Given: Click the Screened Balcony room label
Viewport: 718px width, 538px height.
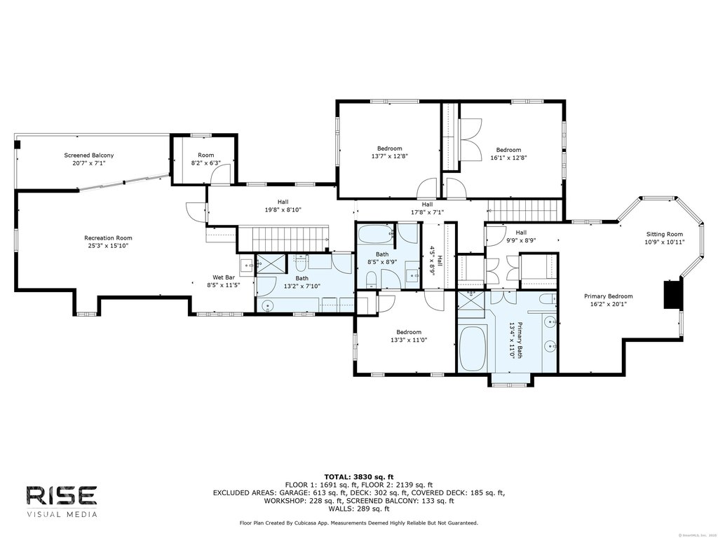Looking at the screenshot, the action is pyautogui.click(x=89, y=155).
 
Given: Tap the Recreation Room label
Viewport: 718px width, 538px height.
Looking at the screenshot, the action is pyautogui.click(x=108, y=238).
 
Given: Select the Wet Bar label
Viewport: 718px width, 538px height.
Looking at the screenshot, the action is pyautogui.click(x=224, y=277).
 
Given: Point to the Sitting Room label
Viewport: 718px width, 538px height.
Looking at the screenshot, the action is pyautogui.click(x=665, y=234).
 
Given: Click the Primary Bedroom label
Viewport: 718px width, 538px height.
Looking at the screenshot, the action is pyautogui.click(x=608, y=296).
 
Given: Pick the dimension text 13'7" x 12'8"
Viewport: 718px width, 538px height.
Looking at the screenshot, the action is pyautogui.click(x=389, y=156).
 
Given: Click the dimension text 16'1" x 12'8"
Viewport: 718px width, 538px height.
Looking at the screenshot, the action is pyautogui.click(x=508, y=158).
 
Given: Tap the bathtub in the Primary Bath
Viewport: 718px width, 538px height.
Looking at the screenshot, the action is pyautogui.click(x=472, y=349).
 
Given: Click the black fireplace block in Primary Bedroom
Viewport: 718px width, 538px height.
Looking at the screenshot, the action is pyautogui.click(x=673, y=295).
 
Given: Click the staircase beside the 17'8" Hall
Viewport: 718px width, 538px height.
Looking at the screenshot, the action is pyautogui.click(x=524, y=211).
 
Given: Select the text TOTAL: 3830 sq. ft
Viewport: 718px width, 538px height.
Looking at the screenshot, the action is pyautogui.click(x=359, y=476).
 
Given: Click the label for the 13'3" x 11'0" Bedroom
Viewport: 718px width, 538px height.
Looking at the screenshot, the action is pyautogui.click(x=409, y=332).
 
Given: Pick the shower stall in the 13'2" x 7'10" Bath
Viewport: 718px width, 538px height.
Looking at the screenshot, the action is pyautogui.click(x=270, y=264).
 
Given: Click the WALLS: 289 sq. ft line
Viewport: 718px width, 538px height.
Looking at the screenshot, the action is pyautogui.click(x=359, y=509).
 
